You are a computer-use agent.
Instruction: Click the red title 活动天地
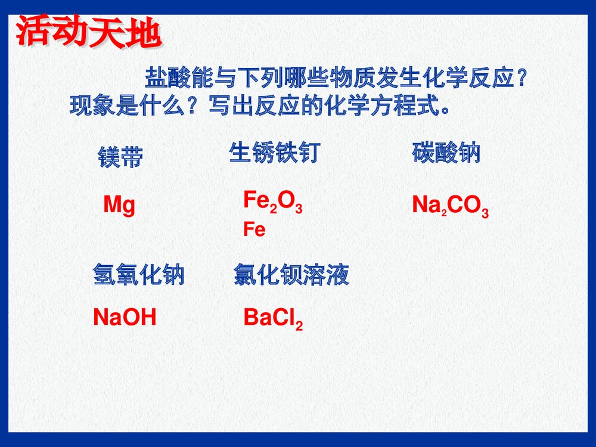(x=88, y=35)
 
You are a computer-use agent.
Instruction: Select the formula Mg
(x=119, y=206)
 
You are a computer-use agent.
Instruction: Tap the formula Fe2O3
(x=272, y=201)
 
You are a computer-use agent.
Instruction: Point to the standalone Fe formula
(x=254, y=230)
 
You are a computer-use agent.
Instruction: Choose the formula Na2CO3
(x=451, y=206)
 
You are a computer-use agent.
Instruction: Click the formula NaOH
(x=125, y=318)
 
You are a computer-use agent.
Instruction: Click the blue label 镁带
(x=120, y=158)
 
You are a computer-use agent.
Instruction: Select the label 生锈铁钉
(x=274, y=153)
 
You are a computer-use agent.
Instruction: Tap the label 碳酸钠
(x=446, y=153)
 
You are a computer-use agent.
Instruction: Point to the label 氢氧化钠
(x=138, y=275)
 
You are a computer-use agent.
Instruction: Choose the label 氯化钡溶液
(x=291, y=275)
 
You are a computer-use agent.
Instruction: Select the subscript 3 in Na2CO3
(x=485, y=213)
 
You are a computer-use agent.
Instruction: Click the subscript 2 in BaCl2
(x=299, y=325)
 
